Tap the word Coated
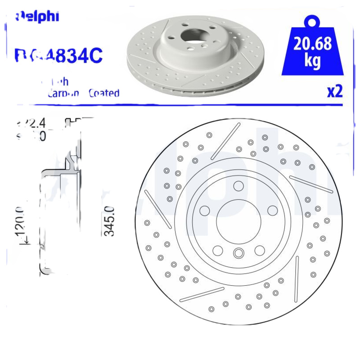[104, 93]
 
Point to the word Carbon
[63, 93]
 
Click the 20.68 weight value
[312, 44]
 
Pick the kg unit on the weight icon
[312, 61]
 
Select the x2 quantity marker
[334, 91]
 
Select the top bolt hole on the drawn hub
[238, 185]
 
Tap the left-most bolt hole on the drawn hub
[204, 210]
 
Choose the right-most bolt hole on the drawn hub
[272, 210]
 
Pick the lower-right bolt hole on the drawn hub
[259, 250]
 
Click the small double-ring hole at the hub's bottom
[238, 253]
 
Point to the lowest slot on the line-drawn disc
[202, 293]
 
